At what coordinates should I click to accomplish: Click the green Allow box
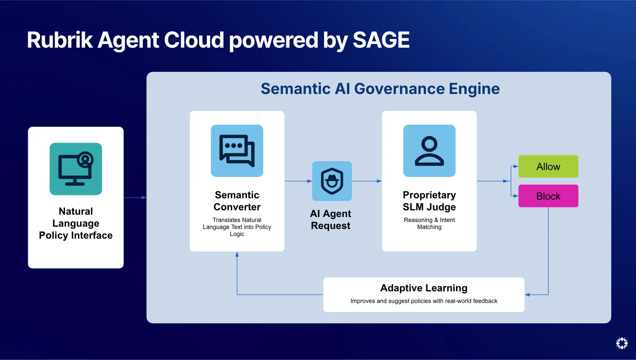(x=548, y=166)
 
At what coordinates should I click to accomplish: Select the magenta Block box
(x=548, y=196)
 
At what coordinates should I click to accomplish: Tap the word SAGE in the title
(x=381, y=40)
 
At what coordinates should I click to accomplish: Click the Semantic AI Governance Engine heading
(x=380, y=89)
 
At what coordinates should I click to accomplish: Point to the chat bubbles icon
(x=237, y=151)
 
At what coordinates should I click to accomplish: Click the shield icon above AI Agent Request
(x=332, y=181)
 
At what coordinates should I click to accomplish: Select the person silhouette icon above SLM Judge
(x=429, y=151)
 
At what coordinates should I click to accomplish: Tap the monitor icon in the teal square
(x=76, y=169)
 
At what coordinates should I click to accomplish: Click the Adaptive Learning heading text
(x=424, y=288)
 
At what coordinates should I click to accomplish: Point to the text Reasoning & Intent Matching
(x=429, y=223)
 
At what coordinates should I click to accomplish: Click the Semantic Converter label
(x=237, y=201)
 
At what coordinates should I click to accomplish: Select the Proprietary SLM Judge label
(x=429, y=201)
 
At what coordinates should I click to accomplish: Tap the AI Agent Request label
(x=330, y=219)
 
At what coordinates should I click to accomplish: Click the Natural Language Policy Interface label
(x=76, y=223)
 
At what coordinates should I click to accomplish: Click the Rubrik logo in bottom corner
(x=622, y=343)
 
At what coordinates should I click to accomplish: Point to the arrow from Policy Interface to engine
(x=135, y=198)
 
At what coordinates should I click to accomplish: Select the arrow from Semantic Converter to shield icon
(x=298, y=181)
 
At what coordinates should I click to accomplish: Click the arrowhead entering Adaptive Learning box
(x=527, y=295)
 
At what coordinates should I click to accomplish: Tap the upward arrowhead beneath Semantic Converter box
(x=237, y=255)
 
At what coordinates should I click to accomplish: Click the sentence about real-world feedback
(x=424, y=301)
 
